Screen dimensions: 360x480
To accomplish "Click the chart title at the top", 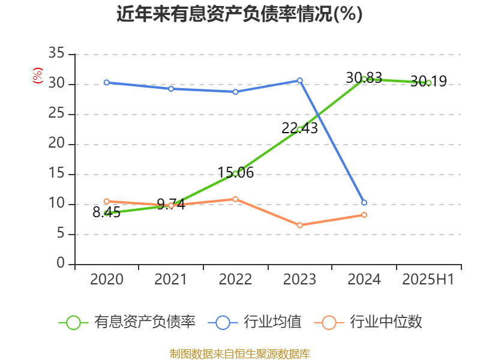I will coord(239,13).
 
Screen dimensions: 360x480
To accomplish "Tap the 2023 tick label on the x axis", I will coord(299,279).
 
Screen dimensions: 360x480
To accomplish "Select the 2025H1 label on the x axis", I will coord(428,279).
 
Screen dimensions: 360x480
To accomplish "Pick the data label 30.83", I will coord(364,77).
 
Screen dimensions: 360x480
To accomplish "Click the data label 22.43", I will coord(299,128).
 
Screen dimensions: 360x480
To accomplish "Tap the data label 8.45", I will coord(107,212).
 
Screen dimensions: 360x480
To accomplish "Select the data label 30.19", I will coord(428,81).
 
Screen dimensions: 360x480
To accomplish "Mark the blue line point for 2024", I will coord(364,203).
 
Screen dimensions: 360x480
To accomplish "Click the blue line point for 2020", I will coord(106,82).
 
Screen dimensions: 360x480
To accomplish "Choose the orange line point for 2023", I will coord(299,225).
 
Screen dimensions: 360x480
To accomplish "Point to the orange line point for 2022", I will coord(235,199).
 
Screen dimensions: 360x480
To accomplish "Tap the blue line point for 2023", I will coord(299,80).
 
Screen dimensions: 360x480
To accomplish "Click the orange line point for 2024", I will coord(364,215).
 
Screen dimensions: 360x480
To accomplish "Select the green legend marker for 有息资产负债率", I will coord(73,322).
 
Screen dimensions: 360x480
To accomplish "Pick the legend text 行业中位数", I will coord(386,322).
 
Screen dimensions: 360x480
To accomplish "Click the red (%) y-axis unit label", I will coord(38,76).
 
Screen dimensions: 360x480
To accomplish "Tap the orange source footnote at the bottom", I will coord(239,353).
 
